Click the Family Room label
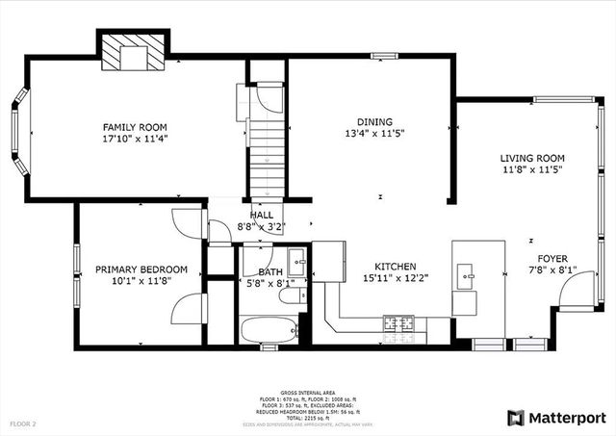tap(136, 126)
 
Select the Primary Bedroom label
tap(141, 269)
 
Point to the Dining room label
tap(374, 121)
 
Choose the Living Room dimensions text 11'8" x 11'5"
tap(531, 169)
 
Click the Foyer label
tap(552, 258)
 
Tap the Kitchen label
tap(395, 266)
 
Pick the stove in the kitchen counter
tap(398, 322)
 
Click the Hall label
tap(261, 216)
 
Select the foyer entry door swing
tap(575, 294)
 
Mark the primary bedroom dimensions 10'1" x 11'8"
tap(141, 282)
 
